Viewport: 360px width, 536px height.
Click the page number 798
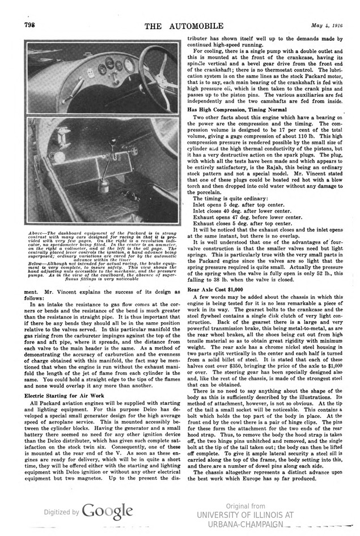tap(29, 24)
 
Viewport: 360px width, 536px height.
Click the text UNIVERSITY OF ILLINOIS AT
tap(245, 514)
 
